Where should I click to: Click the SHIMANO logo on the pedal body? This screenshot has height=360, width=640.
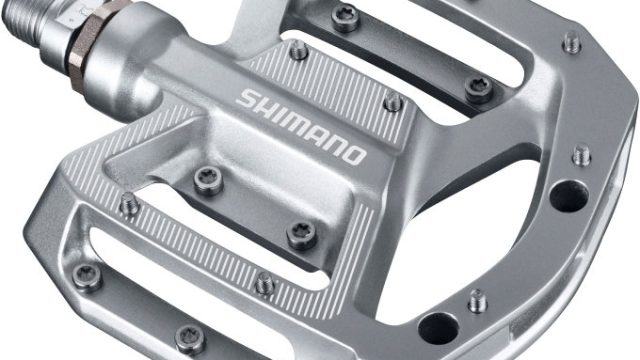[x=301, y=127]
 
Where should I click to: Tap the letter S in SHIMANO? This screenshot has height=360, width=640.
[x=246, y=98]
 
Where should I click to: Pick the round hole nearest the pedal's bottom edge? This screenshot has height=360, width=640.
[x=439, y=328]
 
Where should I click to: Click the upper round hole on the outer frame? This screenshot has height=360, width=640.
[x=569, y=196]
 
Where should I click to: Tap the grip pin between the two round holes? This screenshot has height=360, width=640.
[x=478, y=301]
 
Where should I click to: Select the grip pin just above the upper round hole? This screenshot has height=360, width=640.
[x=582, y=155]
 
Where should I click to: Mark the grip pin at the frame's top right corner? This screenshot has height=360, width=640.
[x=572, y=42]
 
